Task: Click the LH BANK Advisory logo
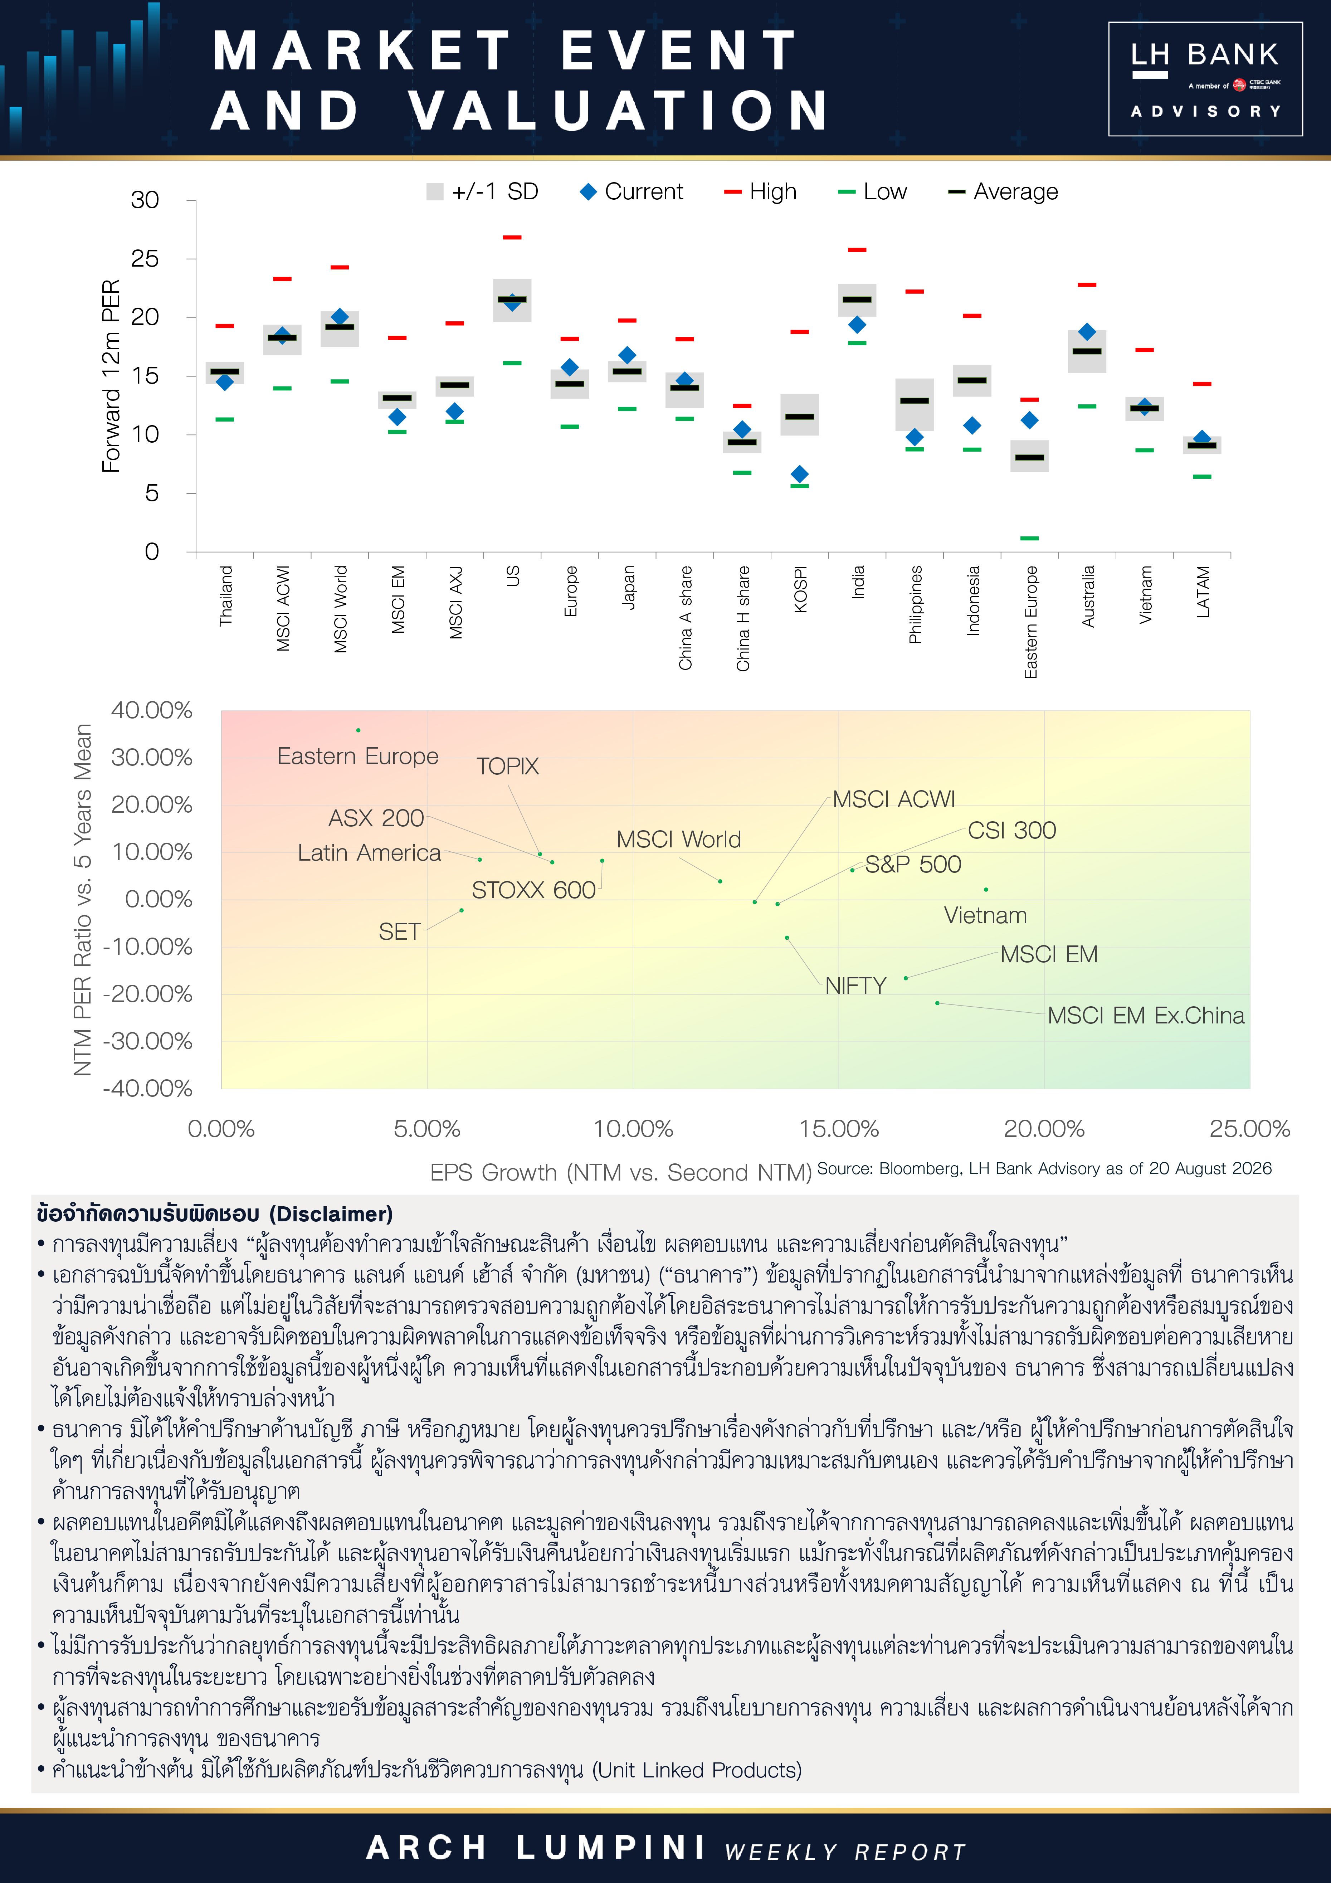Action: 1205,79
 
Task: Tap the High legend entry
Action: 760,192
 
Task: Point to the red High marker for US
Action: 512,237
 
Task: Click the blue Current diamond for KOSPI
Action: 800,474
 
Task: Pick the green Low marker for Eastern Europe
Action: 1029,538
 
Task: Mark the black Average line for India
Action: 857,300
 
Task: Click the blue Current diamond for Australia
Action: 1087,331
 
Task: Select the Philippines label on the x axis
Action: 915,604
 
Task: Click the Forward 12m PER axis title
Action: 111,376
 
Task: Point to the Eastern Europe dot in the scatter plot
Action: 359,730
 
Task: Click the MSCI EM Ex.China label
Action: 1146,1015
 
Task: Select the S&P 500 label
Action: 913,865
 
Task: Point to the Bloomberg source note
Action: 1044,1169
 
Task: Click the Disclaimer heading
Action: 215,1214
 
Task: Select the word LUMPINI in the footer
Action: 612,1848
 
